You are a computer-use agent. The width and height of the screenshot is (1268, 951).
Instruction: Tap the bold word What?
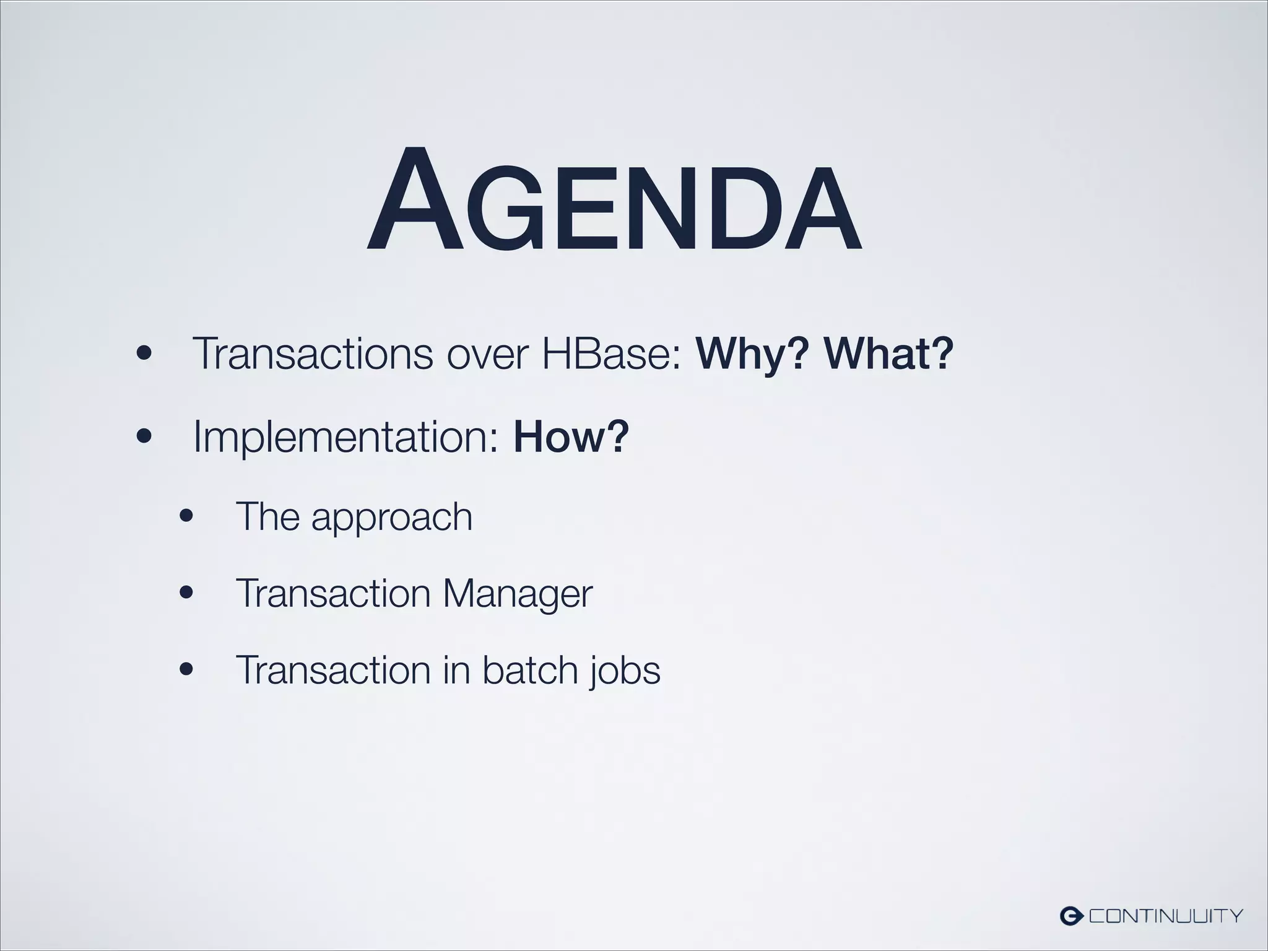(888, 354)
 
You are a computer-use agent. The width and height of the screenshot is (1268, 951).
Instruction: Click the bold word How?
(571, 437)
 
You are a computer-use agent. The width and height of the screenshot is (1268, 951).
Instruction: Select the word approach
(391, 518)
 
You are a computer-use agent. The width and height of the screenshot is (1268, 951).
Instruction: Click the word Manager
(518, 594)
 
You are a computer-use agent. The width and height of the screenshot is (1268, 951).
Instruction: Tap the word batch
(521, 670)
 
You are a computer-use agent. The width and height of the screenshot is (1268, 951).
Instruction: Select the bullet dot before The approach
(186, 516)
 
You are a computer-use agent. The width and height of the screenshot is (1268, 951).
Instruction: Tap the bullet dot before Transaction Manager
(186, 593)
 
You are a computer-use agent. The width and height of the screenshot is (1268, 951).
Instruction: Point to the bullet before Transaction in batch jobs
(186, 669)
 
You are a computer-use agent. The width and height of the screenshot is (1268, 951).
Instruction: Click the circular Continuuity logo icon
(1070, 915)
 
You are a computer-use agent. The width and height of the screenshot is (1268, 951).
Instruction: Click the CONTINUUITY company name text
(1166, 915)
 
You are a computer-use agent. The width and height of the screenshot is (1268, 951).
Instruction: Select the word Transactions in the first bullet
(313, 354)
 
